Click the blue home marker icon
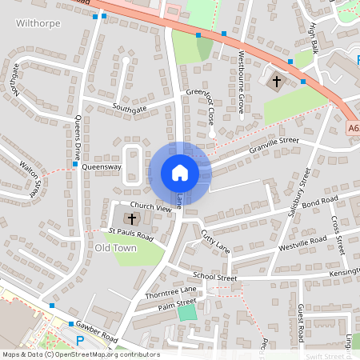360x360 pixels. pyautogui.click(x=179, y=173)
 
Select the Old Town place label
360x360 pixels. pyautogui.click(x=115, y=248)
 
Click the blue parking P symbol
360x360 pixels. pyautogui.click(x=79, y=341)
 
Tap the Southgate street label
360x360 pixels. pyautogui.click(x=130, y=106)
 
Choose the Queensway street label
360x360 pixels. pyautogui.click(x=102, y=167)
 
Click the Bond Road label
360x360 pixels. pyautogui.click(x=320, y=200)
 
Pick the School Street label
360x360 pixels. pyautogui.click(x=214, y=278)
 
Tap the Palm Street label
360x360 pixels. pyautogui.click(x=177, y=303)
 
